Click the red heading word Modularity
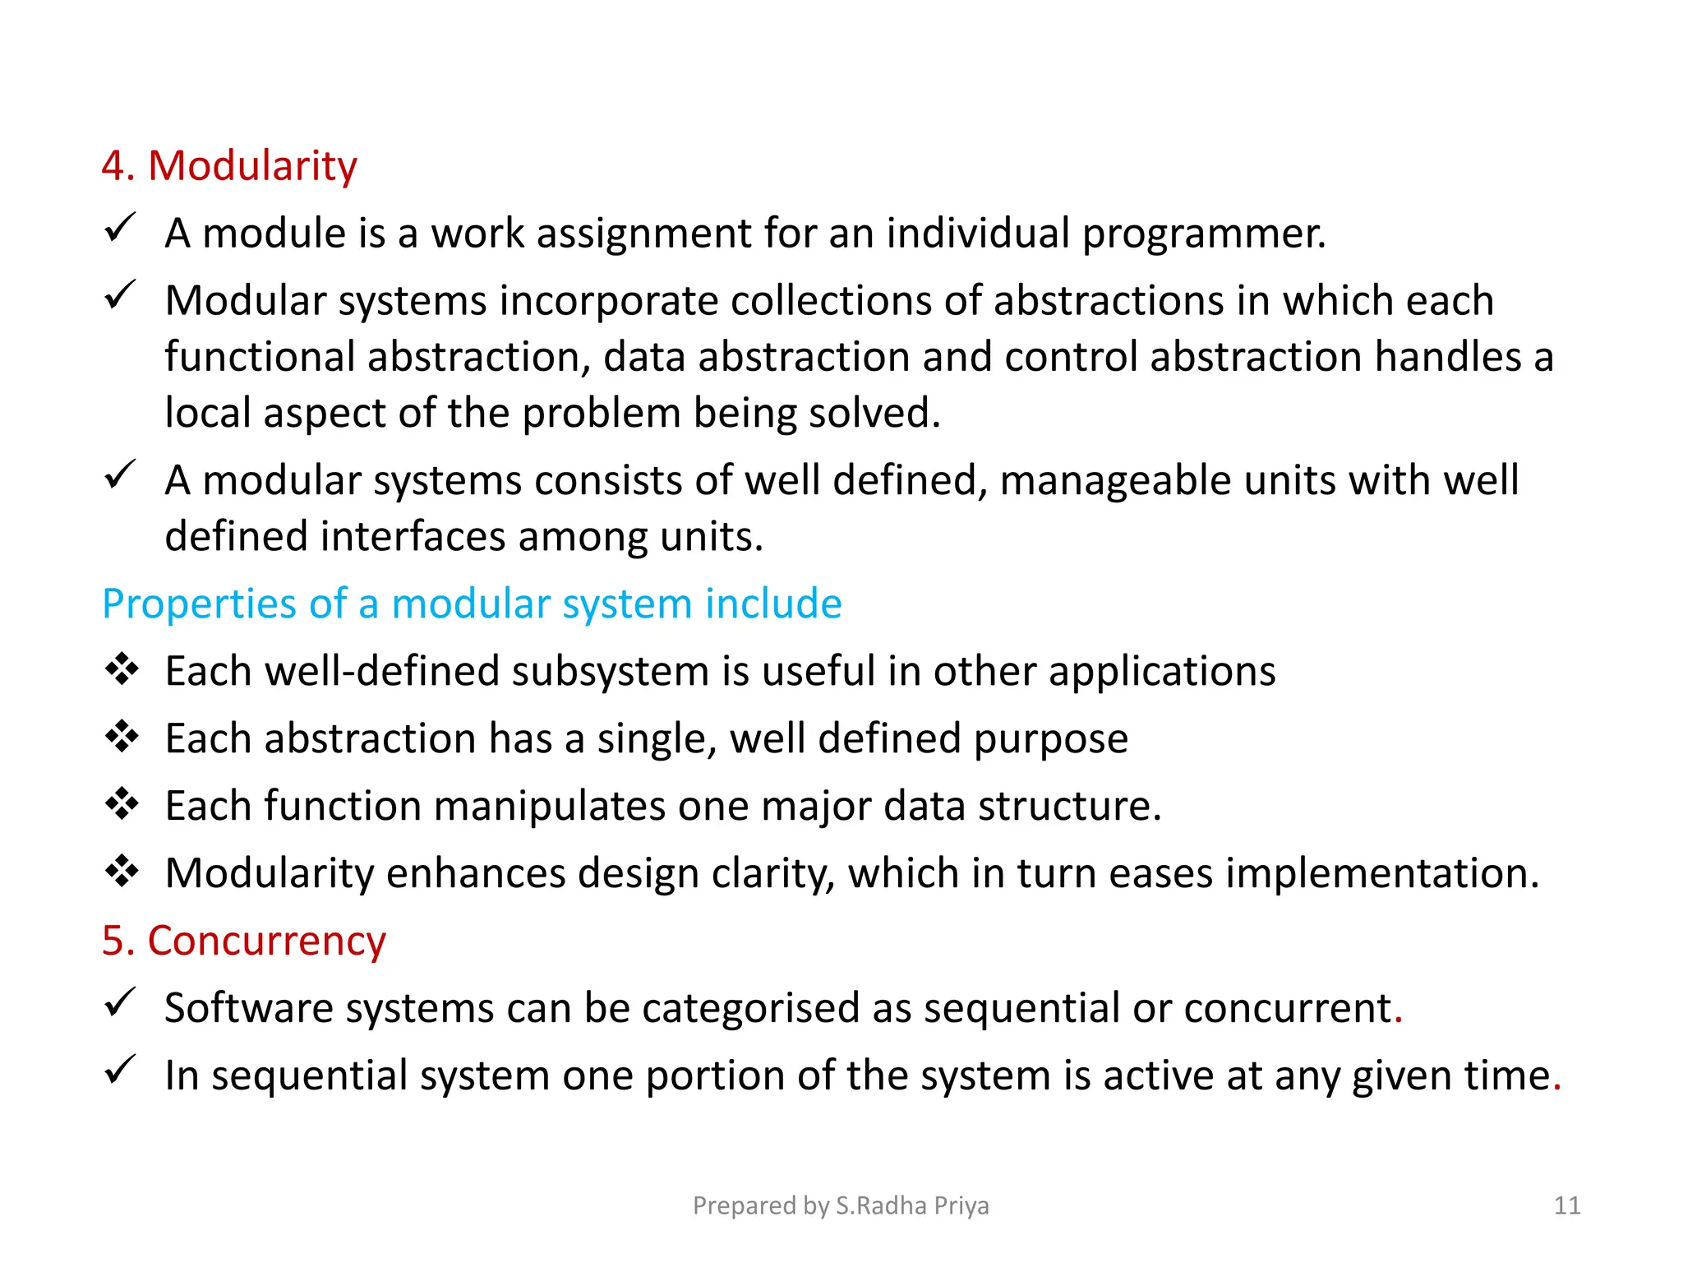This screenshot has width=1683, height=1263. [x=251, y=167]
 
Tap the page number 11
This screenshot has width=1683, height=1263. [x=1567, y=1205]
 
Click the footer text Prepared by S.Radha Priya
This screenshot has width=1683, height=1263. [x=841, y=1205]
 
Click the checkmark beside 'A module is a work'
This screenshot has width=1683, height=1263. [x=120, y=228]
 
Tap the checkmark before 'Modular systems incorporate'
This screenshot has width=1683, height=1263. [x=120, y=295]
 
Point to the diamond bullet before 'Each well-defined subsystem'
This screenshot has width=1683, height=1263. [x=122, y=669]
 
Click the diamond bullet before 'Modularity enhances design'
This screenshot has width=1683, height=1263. [x=122, y=871]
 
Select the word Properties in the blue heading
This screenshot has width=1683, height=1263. [x=199, y=606]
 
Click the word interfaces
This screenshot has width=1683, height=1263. [x=413, y=537]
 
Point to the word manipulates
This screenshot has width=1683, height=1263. [x=549, y=807]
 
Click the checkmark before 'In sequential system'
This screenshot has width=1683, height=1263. [x=120, y=1070]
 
